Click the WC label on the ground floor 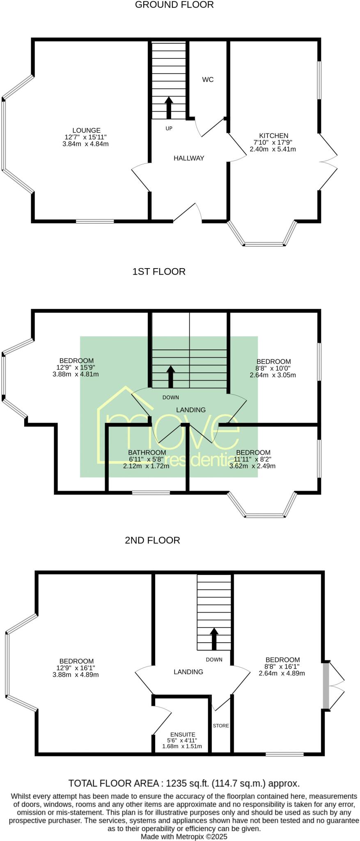pos(208,80)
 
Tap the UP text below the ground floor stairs pos(169,129)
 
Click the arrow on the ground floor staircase pos(169,108)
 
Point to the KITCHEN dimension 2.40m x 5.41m pos(273,149)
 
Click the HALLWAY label pos(188,158)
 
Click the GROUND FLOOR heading pos(174,5)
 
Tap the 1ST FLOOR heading pos(159,271)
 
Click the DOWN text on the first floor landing pos(170,397)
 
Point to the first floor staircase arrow pos(171,377)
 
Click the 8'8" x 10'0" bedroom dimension pos(273,368)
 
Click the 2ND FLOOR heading pos(152,540)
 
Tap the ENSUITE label pos(183,734)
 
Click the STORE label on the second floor pos(221,726)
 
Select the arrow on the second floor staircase pos(214,639)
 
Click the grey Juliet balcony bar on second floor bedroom pos(326,685)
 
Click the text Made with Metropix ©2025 pos(184,836)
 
